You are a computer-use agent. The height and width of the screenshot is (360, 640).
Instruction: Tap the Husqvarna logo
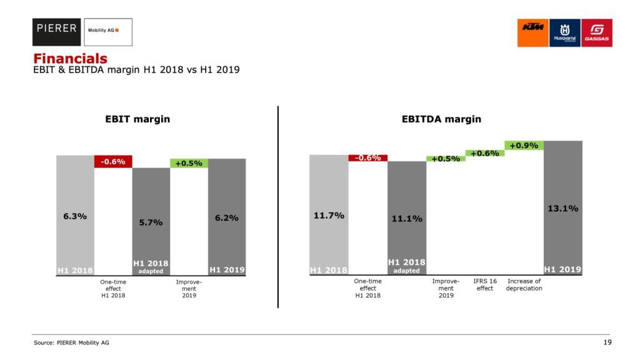tap(564, 32)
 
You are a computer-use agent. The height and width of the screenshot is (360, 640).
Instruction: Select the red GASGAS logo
tap(596, 32)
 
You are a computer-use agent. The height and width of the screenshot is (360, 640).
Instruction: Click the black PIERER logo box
tap(57, 32)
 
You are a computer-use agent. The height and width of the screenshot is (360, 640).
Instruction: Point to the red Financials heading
tap(70, 59)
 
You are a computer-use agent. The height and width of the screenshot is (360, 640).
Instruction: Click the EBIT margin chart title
tap(137, 119)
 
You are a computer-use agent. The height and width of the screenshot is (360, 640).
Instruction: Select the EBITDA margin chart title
tap(441, 119)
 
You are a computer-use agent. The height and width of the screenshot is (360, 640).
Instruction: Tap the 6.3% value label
tap(75, 216)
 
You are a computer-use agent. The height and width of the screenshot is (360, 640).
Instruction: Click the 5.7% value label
tap(151, 222)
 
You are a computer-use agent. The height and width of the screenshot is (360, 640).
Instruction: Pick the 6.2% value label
tap(226, 218)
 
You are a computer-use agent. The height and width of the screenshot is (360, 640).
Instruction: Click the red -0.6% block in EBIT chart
tap(113, 162)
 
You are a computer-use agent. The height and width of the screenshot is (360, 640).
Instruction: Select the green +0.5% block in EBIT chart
tap(189, 163)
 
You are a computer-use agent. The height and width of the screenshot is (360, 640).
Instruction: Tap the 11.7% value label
tap(328, 216)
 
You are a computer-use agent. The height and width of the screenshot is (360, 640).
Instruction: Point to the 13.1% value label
tap(562, 209)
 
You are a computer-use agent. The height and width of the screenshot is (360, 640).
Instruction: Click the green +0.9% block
tap(524, 146)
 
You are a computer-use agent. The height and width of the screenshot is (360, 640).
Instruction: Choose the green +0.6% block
tap(484, 153)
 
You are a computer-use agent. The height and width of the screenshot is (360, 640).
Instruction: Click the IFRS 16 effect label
tap(485, 285)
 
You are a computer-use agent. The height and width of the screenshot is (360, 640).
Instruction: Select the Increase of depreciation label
tap(524, 285)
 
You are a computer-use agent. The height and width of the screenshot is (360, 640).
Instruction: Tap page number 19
tap(607, 342)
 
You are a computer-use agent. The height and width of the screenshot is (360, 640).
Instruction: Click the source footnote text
tap(66, 342)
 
